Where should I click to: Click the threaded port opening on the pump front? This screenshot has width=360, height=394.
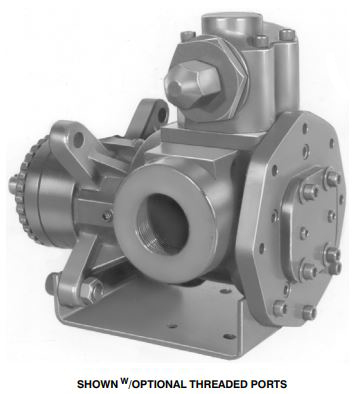point(162,224)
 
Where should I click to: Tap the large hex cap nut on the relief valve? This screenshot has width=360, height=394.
point(192,83)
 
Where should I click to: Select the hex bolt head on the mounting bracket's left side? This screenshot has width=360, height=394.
point(92,290)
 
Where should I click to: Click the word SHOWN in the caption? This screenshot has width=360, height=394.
point(96,384)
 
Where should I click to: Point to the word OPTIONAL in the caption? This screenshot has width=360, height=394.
point(158,384)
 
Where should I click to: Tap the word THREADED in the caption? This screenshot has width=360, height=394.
point(217,384)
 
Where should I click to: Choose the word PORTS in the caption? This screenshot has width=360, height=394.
point(269,384)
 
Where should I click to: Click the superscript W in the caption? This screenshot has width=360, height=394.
point(123,380)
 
